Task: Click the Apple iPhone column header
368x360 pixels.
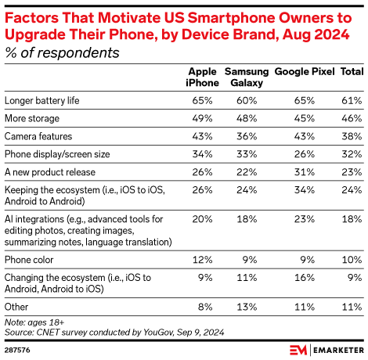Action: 201,77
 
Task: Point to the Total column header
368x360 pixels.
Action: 351,71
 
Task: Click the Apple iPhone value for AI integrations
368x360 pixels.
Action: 204,220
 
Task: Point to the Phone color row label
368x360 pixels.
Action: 31,257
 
